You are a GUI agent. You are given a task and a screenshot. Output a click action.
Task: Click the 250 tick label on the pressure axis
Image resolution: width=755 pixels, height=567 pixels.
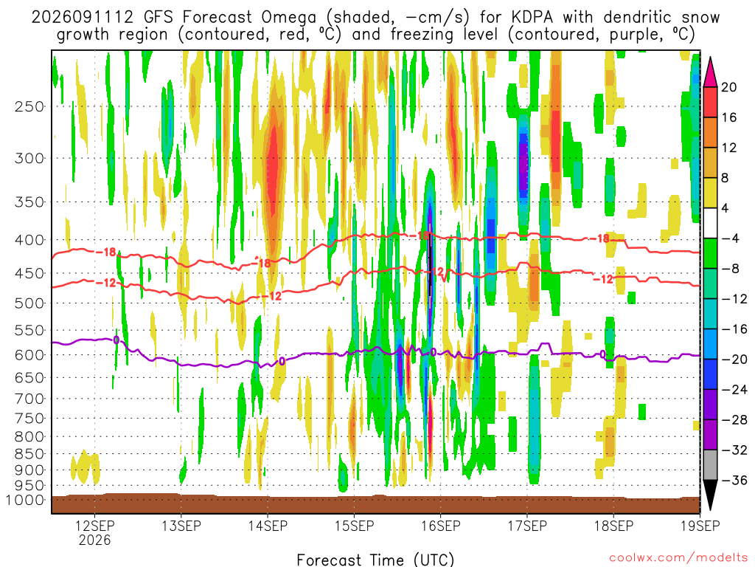pyautogui.click(x=29, y=106)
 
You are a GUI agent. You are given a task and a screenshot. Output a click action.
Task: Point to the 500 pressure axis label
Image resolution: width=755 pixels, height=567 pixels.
pyautogui.click(x=29, y=303)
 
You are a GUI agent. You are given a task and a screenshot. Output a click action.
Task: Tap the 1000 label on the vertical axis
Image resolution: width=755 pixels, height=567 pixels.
pyautogui.click(x=25, y=500)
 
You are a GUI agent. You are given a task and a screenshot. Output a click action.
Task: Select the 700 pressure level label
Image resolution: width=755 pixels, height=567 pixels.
pyautogui.click(x=29, y=399)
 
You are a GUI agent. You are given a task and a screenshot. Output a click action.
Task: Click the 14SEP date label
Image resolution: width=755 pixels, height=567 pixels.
pyautogui.click(x=268, y=525)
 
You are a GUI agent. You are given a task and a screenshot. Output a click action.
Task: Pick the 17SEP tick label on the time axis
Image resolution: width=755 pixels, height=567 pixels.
pyautogui.click(x=527, y=525)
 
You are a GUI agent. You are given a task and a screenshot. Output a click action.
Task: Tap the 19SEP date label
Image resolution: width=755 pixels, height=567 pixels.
pyautogui.click(x=700, y=525)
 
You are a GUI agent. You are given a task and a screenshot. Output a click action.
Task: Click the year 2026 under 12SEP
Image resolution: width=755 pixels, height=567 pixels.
pyautogui.click(x=95, y=540)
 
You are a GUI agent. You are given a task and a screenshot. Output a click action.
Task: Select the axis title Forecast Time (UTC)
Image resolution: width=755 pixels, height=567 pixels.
pyautogui.click(x=375, y=560)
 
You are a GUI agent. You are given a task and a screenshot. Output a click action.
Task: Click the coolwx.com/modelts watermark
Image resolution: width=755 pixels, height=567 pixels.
pyautogui.click(x=678, y=557)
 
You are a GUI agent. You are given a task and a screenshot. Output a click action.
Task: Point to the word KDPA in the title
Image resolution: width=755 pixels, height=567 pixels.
pyautogui.click(x=532, y=18)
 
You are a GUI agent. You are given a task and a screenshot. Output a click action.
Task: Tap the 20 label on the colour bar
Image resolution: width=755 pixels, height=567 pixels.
pyautogui.click(x=729, y=87)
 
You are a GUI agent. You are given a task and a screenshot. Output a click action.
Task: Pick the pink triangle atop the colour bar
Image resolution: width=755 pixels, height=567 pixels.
pyautogui.click(x=710, y=73)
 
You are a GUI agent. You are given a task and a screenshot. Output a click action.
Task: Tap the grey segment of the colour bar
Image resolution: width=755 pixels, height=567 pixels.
pyautogui.click(x=710, y=465)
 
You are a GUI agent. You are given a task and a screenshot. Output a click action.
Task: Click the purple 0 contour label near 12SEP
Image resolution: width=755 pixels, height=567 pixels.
pyautogui.click(x=116, y=340)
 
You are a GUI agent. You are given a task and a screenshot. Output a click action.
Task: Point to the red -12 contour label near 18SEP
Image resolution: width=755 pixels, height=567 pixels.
pyautogui.click(x=603, y=279)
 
